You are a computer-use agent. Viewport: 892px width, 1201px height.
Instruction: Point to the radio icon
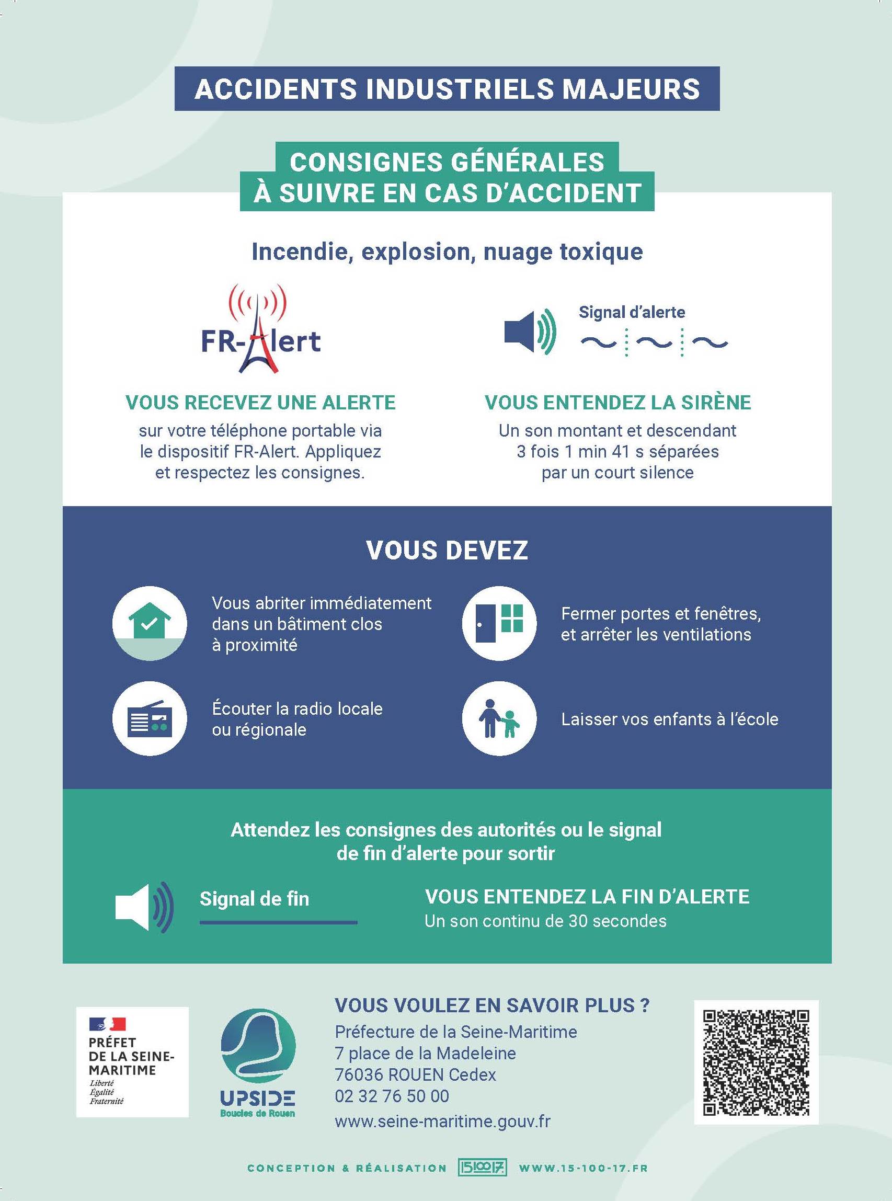[150, 718]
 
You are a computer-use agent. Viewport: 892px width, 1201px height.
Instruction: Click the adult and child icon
[499, 718]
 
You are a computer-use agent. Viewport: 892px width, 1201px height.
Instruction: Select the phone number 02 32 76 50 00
[392, 1096]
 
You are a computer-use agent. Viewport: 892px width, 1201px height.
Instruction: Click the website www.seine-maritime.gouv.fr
[443, 1121]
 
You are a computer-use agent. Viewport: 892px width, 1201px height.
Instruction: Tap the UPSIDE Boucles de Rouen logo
[258, 1063]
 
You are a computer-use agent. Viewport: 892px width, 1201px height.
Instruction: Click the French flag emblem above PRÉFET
[108, 1023]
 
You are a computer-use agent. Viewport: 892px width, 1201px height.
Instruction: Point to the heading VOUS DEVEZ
[447, 550]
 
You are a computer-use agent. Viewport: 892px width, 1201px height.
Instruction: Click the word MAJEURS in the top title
[631, 88]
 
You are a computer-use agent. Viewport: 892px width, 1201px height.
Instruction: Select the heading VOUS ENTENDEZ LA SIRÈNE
[617, 403]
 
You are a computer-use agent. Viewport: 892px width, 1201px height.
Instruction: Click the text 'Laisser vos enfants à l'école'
[670, 719]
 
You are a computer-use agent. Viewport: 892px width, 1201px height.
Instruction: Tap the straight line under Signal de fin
[279, 922]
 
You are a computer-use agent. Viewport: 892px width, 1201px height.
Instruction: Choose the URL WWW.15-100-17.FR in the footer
[583, 1168]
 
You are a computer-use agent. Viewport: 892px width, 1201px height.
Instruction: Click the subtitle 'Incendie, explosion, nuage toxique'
[447, 252]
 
